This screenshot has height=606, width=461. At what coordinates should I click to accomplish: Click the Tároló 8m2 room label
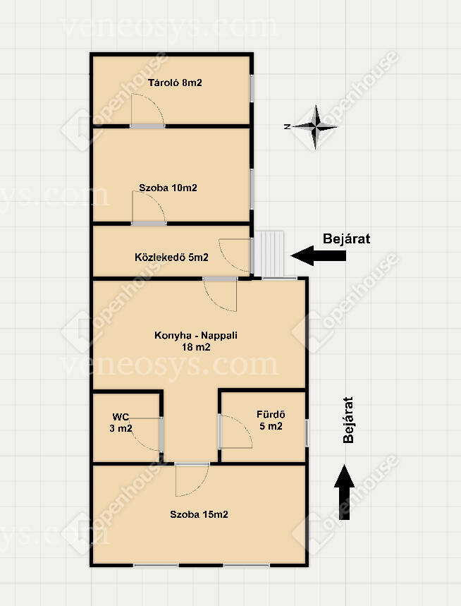[x=175, y=83]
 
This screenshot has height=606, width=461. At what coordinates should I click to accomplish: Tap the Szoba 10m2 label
[x=168, y=188]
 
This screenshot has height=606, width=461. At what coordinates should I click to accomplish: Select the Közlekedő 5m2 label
[x=171, y=257]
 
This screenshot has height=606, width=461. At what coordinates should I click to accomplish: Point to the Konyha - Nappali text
[x=196, y=335]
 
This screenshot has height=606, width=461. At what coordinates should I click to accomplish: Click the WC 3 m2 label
[x=121, y=423]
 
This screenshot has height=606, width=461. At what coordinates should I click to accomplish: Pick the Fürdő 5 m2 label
[x=271, y=420]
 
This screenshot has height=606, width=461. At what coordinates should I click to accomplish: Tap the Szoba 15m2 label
[x=199, y=514]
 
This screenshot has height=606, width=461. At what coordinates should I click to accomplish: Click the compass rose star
[x=315, y=127]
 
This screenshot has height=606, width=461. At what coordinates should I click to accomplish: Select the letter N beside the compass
[x=287, y=126]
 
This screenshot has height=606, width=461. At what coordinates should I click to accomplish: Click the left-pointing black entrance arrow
[x=319, y=255]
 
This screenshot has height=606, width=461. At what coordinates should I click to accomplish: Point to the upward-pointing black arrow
[x=344, y=492]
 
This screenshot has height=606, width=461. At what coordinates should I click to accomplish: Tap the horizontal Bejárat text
[x=346, y=238]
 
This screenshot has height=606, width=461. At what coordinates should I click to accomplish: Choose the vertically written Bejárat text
[x=348, y=420]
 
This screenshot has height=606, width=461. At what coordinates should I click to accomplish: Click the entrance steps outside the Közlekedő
[x=269, y=254]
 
